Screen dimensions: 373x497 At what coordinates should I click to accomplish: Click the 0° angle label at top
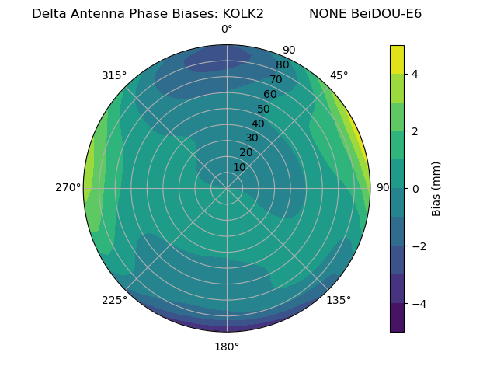point(227,30)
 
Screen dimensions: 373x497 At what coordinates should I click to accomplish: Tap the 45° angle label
point(339,75)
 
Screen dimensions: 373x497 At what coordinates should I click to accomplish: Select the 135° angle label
point(339,300)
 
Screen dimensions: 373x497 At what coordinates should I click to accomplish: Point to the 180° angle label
point(227,347)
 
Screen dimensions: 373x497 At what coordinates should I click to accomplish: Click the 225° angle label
point(114,300)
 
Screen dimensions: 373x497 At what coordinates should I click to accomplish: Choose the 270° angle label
point(68,188)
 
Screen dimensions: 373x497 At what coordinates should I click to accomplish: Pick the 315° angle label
point(114,75)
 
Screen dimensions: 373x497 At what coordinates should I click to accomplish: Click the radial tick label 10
point(239,167)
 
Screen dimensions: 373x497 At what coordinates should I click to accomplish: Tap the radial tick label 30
point(252,138)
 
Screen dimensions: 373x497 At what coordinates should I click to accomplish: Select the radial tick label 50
point(264,110)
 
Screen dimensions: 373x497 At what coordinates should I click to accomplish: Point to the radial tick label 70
point(276,79)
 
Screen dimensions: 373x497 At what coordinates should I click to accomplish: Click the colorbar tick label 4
point(415,74)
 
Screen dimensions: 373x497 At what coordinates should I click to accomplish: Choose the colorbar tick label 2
point(415,131)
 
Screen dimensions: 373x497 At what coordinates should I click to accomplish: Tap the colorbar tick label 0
point(415,189)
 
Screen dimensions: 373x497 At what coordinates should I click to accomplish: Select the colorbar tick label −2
point(418,246)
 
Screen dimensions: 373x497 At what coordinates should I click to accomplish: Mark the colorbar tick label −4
point(418,304)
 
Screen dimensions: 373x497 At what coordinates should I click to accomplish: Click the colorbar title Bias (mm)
point(436,189)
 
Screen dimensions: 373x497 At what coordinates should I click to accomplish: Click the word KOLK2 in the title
point(243,14)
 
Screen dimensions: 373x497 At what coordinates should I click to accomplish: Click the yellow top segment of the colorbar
point(397,59)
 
